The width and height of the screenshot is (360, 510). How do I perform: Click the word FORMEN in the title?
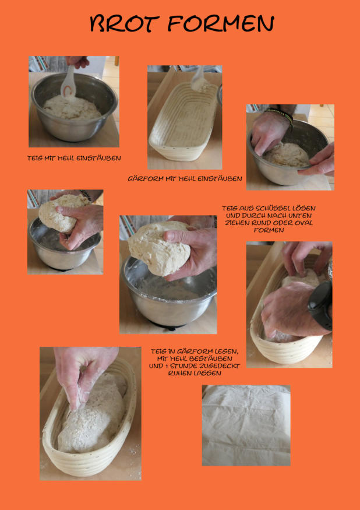click(x=221, y=23)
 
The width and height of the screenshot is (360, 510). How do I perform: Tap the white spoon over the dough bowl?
click(x=69, y=82)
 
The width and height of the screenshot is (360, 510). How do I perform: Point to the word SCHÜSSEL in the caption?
click(x=276, y=208)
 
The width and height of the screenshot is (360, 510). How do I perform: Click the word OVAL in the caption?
click(x=303, y=223)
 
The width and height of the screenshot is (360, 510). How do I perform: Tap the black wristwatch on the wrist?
click(x=321, y=305)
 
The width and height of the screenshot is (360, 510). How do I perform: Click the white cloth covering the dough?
click(x=246, y=425)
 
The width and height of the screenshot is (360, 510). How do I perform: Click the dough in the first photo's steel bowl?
click(x=72, y=108)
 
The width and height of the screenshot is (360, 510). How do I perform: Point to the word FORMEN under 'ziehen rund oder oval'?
click(x=269, y=230)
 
